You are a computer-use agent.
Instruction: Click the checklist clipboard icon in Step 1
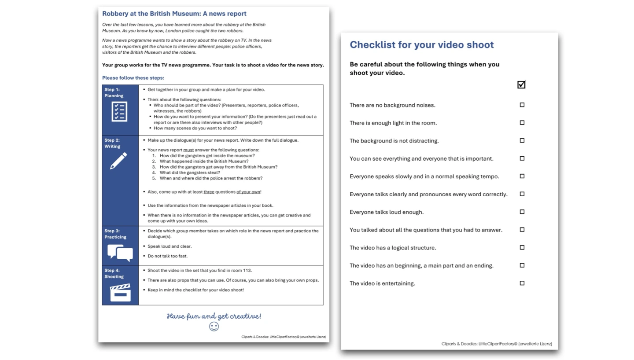119,112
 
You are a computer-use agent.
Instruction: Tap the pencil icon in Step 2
118,161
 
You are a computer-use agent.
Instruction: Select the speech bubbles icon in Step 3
120,253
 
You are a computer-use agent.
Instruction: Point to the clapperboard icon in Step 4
120,293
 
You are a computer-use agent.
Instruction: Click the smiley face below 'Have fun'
214,327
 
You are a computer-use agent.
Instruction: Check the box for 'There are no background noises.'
522,105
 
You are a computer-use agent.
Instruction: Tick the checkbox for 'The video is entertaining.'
522,283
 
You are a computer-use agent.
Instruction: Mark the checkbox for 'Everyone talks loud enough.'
522,212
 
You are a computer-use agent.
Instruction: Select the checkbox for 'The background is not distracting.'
522,141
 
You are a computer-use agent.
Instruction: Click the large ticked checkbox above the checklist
521,85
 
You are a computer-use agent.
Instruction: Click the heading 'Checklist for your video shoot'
421,45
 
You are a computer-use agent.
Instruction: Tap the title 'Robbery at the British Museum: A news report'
174,14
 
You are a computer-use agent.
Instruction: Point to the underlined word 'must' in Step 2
188,150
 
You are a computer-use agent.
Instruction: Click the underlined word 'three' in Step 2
209,192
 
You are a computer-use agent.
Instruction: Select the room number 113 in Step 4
247,271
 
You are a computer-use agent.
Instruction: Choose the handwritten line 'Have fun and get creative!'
214,316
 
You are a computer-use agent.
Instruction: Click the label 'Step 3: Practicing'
115,234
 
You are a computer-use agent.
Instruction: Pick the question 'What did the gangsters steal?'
190,173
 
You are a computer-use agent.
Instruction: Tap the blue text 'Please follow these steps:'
133,78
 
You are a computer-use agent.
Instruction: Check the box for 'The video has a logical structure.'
522,248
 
